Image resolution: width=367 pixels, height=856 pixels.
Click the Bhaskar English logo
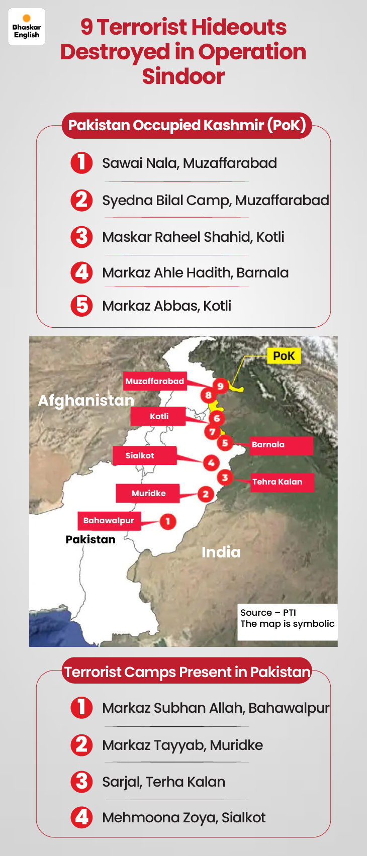click(x=27, y=27)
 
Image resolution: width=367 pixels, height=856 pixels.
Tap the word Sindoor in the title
click(x=183, y=76)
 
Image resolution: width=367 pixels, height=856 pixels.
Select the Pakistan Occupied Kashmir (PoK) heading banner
click(x=187, y=125)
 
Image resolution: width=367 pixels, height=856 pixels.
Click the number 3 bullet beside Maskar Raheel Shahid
click(x=81, y=237)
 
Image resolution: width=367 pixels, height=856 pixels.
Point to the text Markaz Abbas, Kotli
click(x=166, y=306)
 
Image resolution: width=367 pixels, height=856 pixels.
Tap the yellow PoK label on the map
click(x=284, y=356)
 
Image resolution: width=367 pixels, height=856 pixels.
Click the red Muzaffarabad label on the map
click(x=154, y=381)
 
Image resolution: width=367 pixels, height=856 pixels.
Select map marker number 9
click(x=220, y=386)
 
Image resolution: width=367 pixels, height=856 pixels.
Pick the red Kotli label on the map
click(x=159, y=416)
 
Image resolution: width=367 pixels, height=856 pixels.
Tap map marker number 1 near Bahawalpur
click(x=168, y=521)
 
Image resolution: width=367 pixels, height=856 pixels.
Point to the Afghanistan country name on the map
click(x=86, y=401)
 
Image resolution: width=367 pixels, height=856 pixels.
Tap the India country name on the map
click(x=221, y=552)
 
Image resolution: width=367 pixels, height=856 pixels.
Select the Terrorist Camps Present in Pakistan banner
click(x=187, y=672)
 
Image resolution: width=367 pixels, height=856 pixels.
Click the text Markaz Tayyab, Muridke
click(x=182, y=745)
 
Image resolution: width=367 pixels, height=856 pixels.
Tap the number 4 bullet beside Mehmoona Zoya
click(x=81, y=817)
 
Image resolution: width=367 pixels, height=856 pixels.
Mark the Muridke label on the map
click(x=148, y=494)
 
